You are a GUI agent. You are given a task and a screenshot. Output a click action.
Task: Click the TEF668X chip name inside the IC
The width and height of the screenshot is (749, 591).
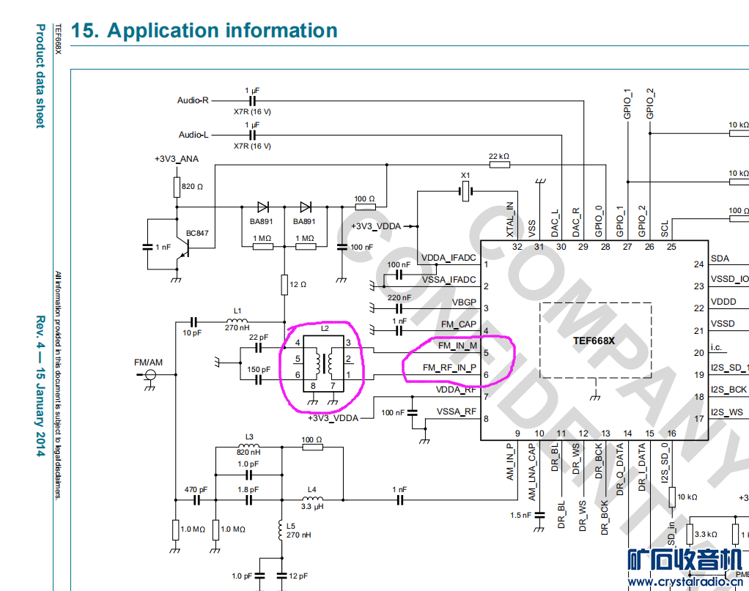tap(595, 341)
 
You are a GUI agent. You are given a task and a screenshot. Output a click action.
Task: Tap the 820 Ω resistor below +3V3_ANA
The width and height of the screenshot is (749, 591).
tap(177, 187)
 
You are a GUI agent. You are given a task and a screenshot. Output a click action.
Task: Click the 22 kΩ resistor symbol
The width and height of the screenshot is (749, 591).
tap(499, 165)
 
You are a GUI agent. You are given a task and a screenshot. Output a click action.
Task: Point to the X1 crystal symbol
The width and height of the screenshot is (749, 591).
tap(464, 192)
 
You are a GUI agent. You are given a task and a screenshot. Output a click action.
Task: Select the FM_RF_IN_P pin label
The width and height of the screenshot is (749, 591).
tap(449, 368)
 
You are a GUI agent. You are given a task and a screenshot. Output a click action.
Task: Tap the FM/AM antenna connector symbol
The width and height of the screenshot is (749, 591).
tap(150, 375)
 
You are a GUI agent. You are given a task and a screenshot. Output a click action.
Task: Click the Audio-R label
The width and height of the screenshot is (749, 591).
tap(193, 100)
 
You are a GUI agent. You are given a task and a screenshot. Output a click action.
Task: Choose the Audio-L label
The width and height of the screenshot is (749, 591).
tap(193, 135)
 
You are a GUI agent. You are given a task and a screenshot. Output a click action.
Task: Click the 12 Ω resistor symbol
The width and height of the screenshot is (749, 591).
tap(284, 284)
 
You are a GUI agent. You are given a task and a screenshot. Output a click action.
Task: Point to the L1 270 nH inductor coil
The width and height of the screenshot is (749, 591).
tap(236, 321)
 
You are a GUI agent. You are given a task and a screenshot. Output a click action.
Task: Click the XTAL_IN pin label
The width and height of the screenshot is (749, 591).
tap(511, 220)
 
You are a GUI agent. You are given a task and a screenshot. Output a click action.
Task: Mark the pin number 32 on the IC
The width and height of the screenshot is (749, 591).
tap(517, 247)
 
